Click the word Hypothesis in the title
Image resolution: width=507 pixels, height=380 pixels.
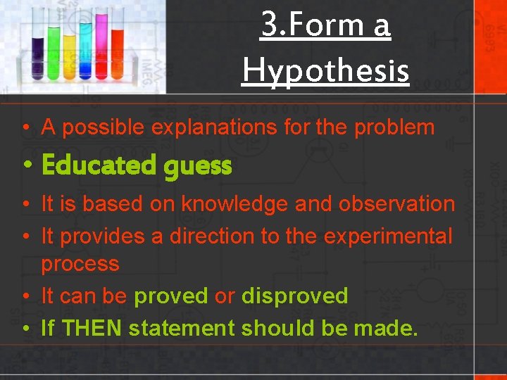pos(325,70)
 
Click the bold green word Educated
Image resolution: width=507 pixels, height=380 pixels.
pos(98,166)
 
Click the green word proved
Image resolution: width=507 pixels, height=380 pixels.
pos(171,296)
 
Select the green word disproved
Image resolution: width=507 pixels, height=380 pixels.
pos(294,296)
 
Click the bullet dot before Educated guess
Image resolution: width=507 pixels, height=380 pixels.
pos(25,166)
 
